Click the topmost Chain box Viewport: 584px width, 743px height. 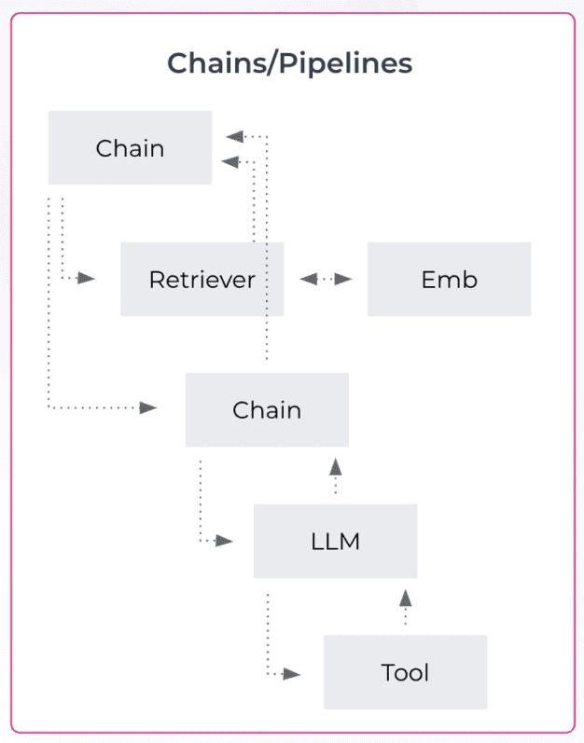130,147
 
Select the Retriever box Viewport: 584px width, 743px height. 202,279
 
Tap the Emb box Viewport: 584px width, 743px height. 449,279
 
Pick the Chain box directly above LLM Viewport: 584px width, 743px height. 267,409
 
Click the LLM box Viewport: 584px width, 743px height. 335,541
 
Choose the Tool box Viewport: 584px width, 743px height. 405,671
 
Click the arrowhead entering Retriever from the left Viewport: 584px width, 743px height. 87,278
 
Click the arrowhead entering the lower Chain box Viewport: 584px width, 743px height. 148,407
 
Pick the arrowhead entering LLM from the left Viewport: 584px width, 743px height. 224,541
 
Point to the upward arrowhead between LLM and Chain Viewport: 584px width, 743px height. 335,467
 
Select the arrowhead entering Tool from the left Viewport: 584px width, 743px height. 293,672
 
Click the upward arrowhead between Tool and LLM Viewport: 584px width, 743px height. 405,598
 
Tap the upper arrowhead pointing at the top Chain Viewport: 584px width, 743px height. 229,136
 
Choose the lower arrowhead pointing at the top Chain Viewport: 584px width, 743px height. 229,161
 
